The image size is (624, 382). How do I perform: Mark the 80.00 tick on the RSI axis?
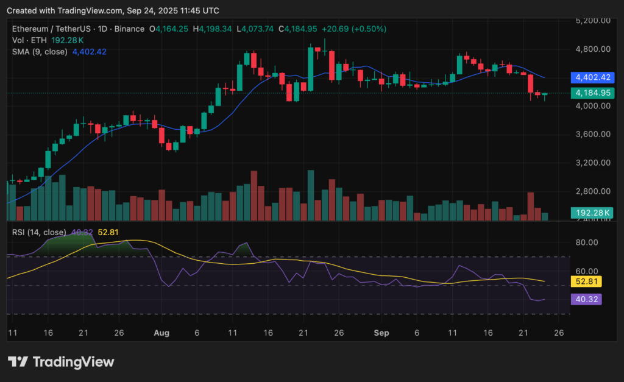[587, 242]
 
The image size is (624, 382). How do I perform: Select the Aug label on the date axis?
[161, 334]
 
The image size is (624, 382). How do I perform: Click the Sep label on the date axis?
[381, 334]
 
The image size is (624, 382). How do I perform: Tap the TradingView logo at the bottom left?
[61, 362]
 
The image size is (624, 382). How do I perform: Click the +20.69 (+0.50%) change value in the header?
[356, 29]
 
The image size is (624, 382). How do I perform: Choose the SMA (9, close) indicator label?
[40, 52]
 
